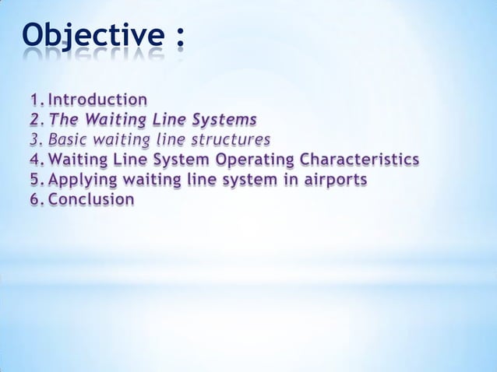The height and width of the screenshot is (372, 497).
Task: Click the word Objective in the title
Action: coord(91,35)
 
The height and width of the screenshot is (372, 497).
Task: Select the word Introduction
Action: coord(97,100)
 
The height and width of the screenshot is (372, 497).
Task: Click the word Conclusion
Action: coord(91,200)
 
